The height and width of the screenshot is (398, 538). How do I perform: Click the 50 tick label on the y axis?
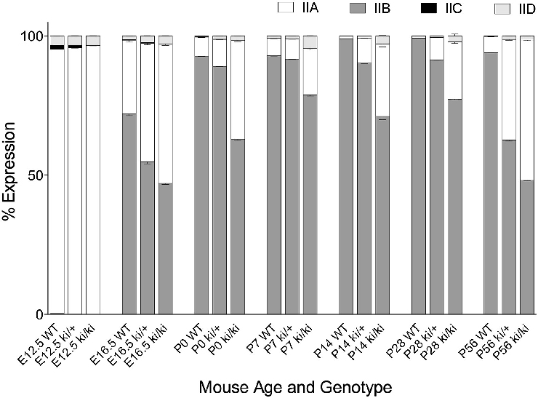[x=33, y=175]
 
